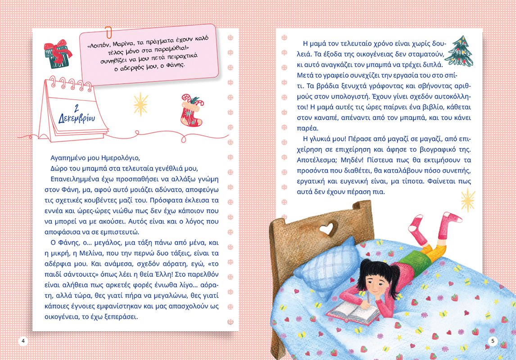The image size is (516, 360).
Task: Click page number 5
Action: coord(493,341)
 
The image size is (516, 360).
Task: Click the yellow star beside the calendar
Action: coord(140,104)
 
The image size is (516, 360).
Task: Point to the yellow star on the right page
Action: coord(468,200)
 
